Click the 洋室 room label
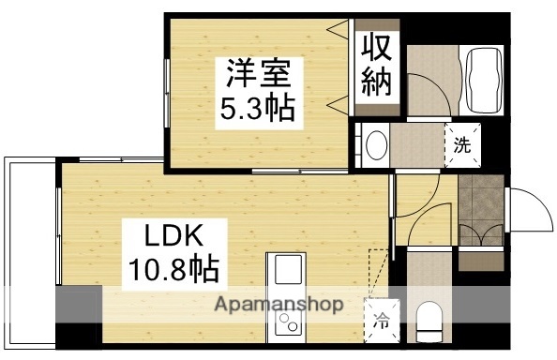[256, 73]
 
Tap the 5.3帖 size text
[256, 110]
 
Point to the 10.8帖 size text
[173, 270]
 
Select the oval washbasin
[377, 145]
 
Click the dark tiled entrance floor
[483, 198]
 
